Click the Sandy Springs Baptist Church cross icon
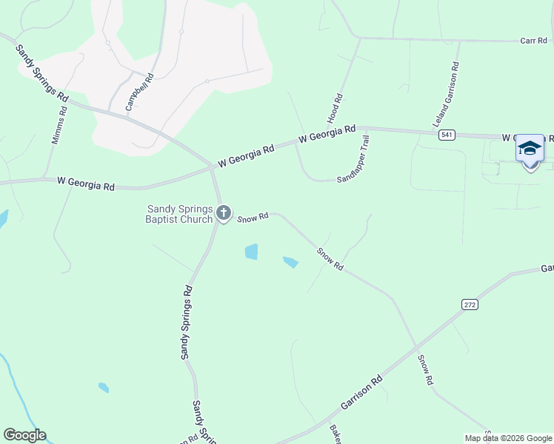pos(224,215)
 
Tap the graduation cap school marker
pos(530,150)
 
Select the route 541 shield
pos(446,135)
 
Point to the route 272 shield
pos(470,304)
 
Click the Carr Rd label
pos(533,41)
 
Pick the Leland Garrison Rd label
pos(447,94)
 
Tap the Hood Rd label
pos(335,108)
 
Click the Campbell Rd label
pos(139,92)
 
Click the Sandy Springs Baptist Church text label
pos(181,214)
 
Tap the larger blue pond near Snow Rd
pos(251,252)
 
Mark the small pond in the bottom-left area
pos(104,387)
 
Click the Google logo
pos(24,435)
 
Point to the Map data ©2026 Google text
pos(508,438)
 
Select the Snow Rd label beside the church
pos(253,218)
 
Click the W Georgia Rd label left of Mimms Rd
pos(86,184)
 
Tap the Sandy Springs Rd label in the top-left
pos(42,73)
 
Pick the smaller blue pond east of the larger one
pos(290,262)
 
